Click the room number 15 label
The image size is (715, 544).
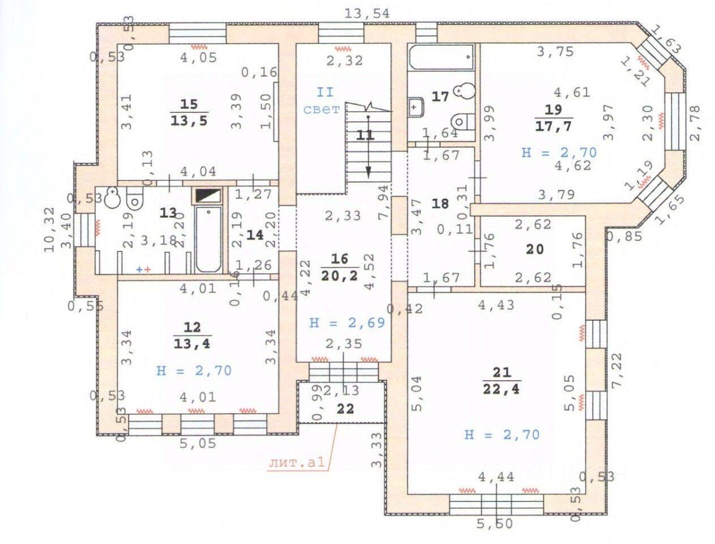[189, 104]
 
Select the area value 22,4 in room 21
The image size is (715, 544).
[501, 389]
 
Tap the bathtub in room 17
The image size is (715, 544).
[441, 57]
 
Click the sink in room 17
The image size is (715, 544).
[416, 107]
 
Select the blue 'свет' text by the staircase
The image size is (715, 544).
[321, 109]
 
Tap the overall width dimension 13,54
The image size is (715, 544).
[367, 14]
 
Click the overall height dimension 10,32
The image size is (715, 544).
[50, 229]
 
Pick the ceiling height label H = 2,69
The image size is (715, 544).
[347, 322]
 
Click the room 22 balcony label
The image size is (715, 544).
[345, 409]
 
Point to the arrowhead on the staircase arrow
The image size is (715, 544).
[368, 172]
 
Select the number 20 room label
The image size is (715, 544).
[535, 249]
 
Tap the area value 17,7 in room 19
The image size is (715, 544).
[554, 126]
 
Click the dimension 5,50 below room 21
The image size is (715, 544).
[495, 524]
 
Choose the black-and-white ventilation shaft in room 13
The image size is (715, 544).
[208, 195]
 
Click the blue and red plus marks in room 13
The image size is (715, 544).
[143, 270]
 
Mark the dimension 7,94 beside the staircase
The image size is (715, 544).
[384, 202]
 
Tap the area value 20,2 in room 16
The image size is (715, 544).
[339, 276]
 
